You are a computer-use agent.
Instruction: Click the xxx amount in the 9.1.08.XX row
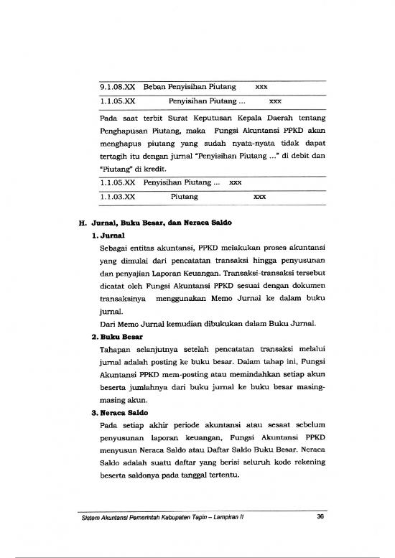point(262,88)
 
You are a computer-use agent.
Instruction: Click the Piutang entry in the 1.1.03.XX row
point(185,196)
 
